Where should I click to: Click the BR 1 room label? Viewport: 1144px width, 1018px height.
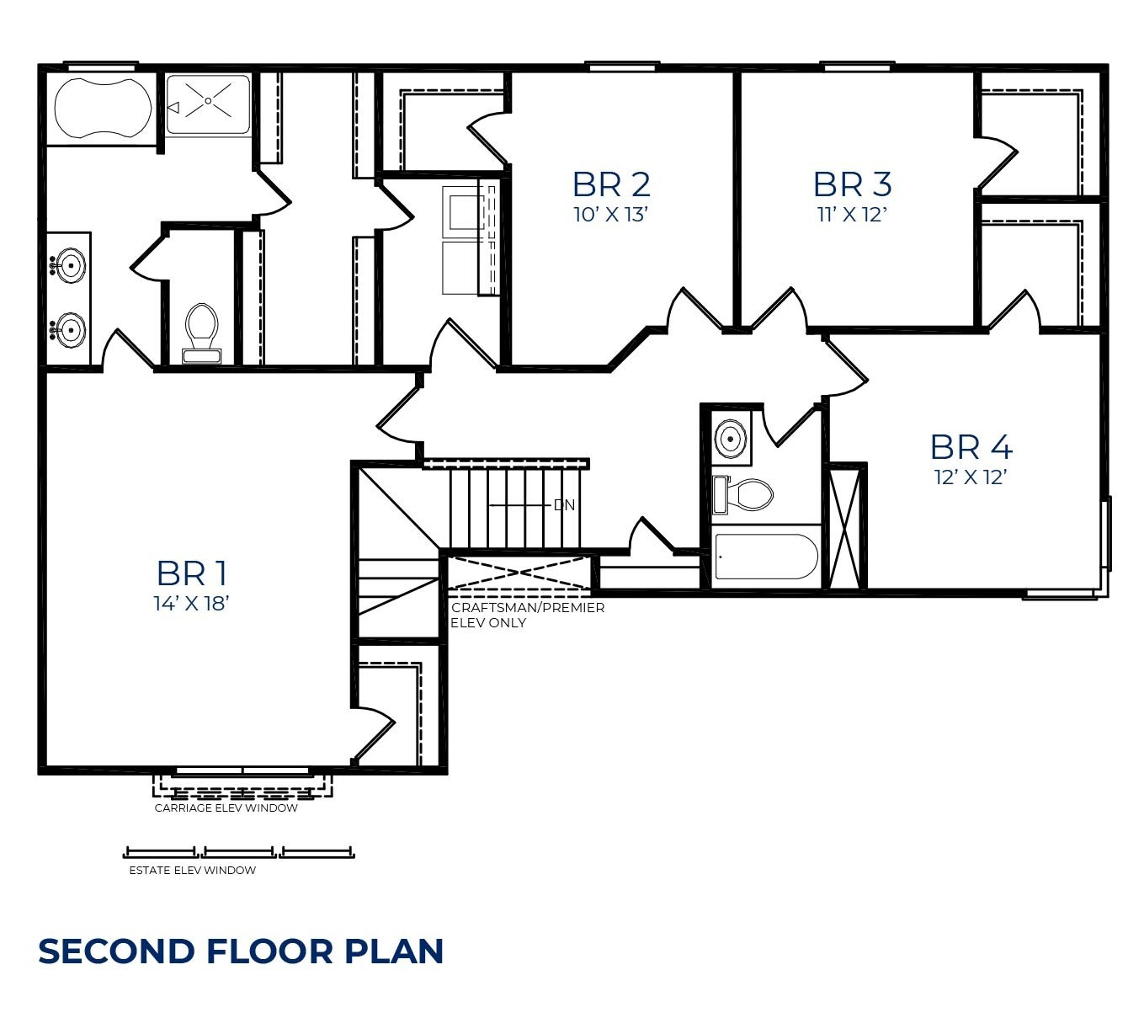click(192, 573)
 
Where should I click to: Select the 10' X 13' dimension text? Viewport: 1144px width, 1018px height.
click(611, 215)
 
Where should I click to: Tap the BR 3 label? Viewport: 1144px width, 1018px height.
click(852, 184)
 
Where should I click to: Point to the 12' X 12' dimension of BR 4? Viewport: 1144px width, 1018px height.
click(971, 477)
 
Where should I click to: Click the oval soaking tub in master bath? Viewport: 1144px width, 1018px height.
click(103, 108)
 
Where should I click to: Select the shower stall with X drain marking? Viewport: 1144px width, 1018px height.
click(208, 104)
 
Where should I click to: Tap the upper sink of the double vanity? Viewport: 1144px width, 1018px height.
click(70, 266)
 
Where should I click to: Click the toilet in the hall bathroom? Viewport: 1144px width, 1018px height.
click(744, 495)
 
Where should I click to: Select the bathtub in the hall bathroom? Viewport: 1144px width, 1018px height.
click(765, 557)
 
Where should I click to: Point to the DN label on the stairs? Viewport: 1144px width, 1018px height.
click(564, 505)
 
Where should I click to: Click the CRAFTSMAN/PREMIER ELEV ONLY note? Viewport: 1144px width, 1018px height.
click(527, 616)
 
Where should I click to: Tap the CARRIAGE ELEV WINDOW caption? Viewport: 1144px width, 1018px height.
click(226, 808)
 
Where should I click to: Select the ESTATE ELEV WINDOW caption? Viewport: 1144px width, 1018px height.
click(192, 871)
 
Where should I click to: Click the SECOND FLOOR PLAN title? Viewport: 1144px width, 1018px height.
click(241, 951)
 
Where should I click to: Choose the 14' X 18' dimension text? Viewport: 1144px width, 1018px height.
click(192, 604)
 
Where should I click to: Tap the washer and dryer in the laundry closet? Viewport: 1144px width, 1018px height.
click(463, 240)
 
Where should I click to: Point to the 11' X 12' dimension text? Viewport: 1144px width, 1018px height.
click(852, 215)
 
